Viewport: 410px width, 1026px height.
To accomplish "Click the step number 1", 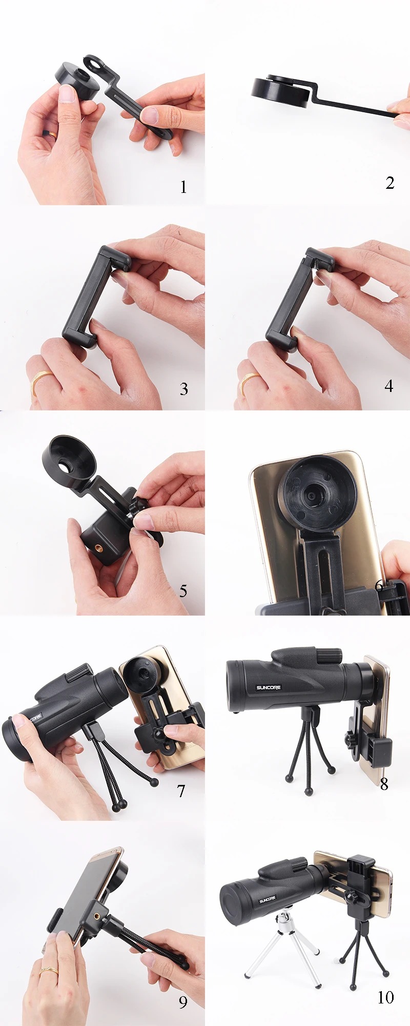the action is point(183,187).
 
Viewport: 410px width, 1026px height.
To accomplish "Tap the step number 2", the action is point(390,183).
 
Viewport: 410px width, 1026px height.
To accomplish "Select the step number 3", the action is point(184,389).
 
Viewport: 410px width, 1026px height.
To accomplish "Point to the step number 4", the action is point(389,386).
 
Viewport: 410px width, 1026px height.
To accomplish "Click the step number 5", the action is point(183,591).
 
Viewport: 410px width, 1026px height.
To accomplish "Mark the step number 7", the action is point(181,791).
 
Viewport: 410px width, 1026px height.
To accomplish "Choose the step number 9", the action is point(183,1002).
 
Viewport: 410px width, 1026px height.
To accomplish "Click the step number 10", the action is point(386,997).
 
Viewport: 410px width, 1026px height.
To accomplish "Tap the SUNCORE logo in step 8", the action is point(269,687).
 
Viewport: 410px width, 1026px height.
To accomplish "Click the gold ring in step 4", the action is point(249,381).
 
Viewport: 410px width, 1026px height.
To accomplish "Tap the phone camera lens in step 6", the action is point(311,497).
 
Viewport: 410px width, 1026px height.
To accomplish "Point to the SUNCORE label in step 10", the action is point(268,899).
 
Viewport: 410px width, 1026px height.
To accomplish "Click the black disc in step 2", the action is point(280,91).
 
